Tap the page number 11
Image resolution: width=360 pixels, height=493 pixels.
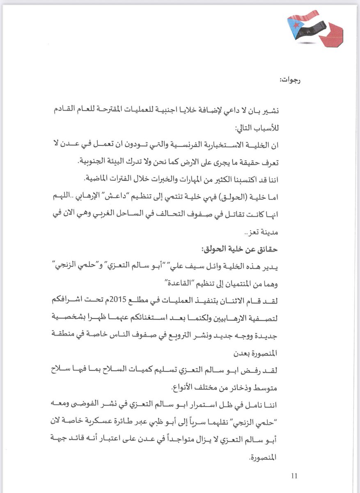point(294,476)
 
